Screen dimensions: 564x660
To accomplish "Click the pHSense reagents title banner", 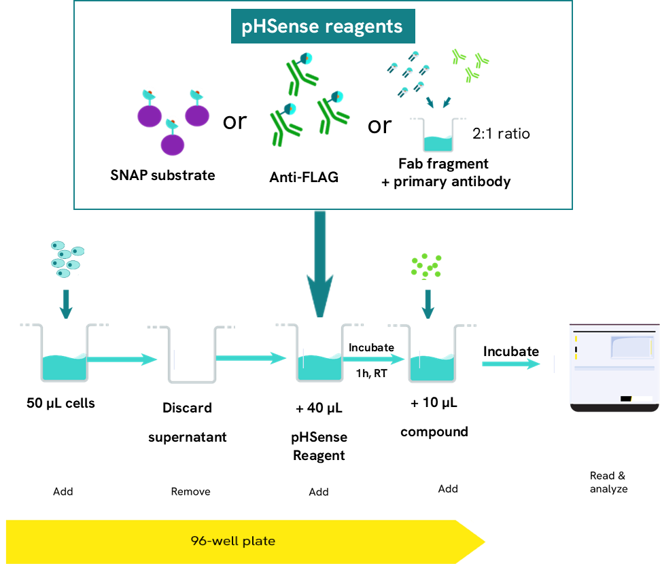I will click(x=323, y=27).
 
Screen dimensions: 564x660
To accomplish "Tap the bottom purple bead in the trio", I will click(x=173, y=143).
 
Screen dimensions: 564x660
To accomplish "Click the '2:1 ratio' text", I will click(x=501, y=133).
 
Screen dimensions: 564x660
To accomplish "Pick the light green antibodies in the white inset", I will click(x=472, y=66).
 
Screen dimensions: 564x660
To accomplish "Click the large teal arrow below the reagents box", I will click(x=320, y=265).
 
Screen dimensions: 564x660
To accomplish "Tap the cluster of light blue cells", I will click(x=67, y=258).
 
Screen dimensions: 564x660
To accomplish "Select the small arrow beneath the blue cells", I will click(x=66, y=304).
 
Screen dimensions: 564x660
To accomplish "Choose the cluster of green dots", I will click(x=426, y=266).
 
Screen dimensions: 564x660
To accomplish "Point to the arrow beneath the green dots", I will click(x=428, y=304).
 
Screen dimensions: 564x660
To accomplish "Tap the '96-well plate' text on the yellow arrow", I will click(x=233, y=542).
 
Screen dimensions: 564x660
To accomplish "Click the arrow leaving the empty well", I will click(x=251, y=357).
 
